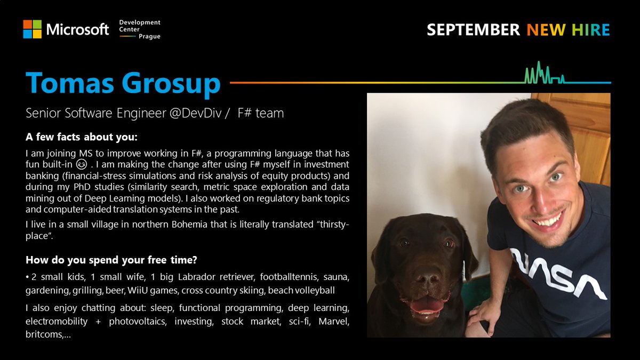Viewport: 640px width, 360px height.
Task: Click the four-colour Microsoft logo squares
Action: click(x=33, y=29)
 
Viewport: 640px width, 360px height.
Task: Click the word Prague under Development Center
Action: click(x=149, y=37)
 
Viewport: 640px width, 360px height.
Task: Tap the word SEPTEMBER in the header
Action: click(x=473, y=30)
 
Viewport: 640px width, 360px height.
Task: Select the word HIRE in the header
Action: click(x=591, y=30)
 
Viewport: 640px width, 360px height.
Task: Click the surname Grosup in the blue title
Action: click(x=171, y=83)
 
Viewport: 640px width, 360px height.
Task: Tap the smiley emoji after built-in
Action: click(x=82, y=164)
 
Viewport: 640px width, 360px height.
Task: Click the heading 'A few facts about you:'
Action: click(x=82, y=137)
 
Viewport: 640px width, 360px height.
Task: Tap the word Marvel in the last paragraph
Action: click(x=334, y=322)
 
